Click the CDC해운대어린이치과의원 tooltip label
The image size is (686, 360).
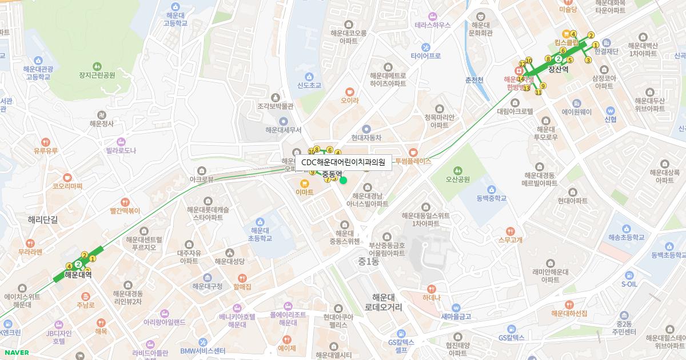tap(343, 162)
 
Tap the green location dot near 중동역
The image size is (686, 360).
tap(343, 181)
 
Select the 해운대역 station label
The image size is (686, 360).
tap(78, 275)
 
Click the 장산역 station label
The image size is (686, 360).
tap(558, 69)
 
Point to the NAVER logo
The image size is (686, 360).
tap(15, 353)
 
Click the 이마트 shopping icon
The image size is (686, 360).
tap(305, 183)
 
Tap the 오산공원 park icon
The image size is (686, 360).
tap(457, 170)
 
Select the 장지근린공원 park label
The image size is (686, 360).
tap(97, 75)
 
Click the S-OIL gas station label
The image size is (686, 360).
tap(629, 284)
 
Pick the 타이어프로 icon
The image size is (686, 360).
tap(426, 47)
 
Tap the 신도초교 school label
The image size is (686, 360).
tap(309, 86)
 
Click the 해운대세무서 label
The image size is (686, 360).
tap(283, 130)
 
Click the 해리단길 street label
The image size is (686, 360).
tap(43, 219)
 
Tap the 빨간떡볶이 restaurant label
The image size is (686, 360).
tap(125, 211)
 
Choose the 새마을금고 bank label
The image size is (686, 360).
tap(456, 316)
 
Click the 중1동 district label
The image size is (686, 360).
tap(369, 261)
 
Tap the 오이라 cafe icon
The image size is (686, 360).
tap(349, 91)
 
